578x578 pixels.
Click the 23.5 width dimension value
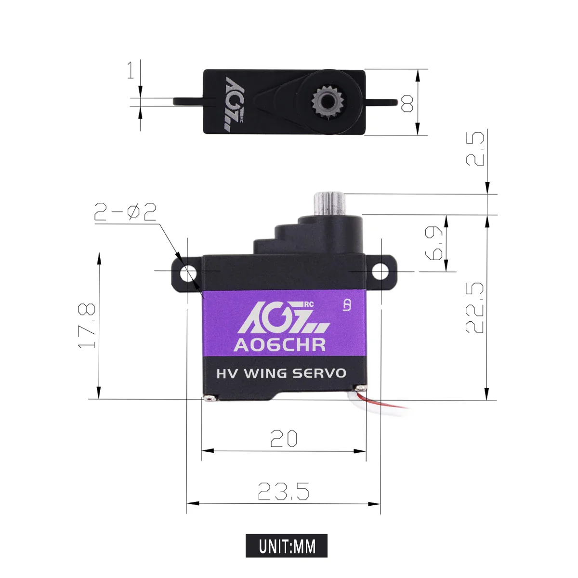click(283, 491)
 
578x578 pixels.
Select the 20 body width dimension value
click(283, 439)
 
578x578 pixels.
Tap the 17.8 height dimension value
click(87, 326)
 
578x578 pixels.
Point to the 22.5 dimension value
click(474, 308)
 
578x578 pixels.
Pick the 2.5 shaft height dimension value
click(475, 149)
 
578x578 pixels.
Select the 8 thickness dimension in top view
click(407, 103)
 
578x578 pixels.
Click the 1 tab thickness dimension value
click(131, 70)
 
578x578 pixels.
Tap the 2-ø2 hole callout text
click(125, 212)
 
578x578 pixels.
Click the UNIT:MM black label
click(287, 546)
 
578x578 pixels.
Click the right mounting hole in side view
click(381, 273)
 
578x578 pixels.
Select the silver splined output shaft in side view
click(330, 204)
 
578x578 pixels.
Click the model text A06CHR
click(279, 345)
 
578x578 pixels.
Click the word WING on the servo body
click(265, 373)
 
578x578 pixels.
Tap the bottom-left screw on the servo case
click(210, 398)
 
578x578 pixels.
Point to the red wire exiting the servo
click(385, 405)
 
